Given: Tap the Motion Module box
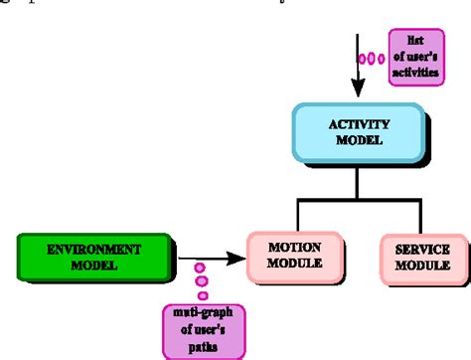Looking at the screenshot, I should (293, 256).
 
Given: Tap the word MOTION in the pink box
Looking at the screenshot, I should (293, 247).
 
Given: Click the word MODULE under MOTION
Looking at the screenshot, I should (293, 266).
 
